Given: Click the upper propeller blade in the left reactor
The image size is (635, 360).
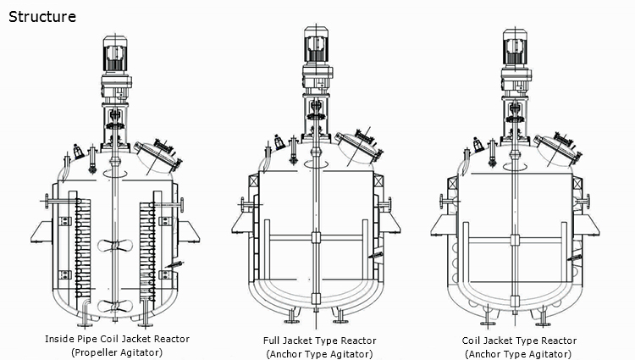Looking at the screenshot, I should [116, 244].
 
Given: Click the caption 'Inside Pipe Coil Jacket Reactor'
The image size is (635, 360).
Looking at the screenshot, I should [117, 339].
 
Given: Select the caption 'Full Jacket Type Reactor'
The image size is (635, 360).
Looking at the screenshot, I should [319, 341].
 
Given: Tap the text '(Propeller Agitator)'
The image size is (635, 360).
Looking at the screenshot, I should [117, 352].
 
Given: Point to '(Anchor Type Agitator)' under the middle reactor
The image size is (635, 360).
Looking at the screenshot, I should [319, 353].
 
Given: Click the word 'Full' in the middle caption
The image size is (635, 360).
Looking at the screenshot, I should [272, 341].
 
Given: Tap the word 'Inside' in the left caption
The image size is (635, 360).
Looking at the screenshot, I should [58, 339].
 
